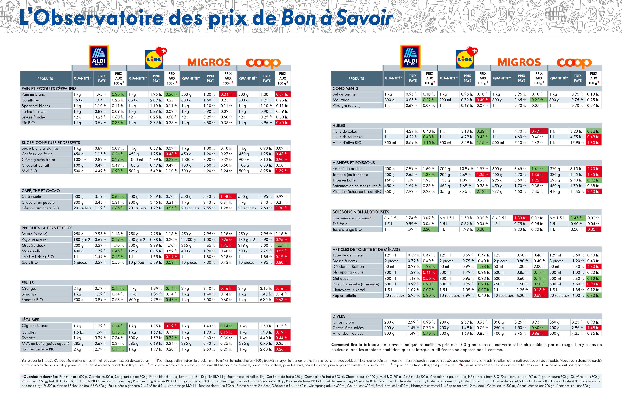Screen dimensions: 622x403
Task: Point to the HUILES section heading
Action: click(339, 125)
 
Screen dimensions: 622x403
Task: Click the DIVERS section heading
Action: click(339, 316)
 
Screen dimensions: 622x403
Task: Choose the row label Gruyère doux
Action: click(34, 245)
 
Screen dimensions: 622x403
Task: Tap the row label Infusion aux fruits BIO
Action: click(40, 208)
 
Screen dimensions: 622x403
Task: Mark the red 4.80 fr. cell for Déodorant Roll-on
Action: click(593, 267)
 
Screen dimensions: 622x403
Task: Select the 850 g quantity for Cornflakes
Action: click(133, 100)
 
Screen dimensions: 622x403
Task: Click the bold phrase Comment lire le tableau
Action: click(355, 345)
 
